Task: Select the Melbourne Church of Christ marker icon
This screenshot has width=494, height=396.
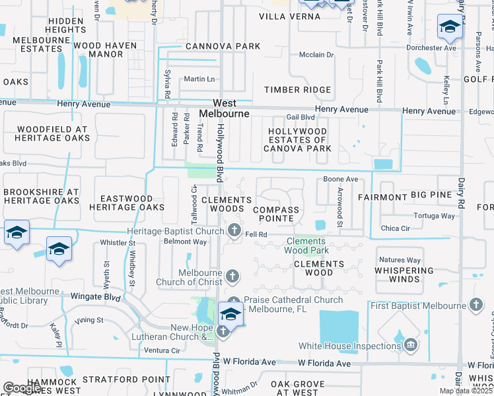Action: point(232,275)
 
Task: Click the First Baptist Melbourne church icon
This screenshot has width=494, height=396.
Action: point(476,304)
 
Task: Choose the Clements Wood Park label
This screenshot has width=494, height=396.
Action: point(307,246)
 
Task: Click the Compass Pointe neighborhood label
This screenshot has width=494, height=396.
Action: point(277,214)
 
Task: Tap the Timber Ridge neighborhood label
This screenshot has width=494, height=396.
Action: point(297,90)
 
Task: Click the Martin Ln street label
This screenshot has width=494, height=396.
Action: point(199,79)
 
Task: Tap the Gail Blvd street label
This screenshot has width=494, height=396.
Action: point(300,117)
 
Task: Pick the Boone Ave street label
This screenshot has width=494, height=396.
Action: point(340,179)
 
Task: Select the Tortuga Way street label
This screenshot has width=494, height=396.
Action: point(434,216)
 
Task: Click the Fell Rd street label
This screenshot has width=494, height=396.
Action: point(256,234)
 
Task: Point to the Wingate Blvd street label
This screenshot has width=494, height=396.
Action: point(94,297)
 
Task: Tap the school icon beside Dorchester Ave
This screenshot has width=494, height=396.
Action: point(449,27)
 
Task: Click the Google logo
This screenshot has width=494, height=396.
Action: point(22,389)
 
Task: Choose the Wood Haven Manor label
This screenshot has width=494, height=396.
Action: point(105,50)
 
